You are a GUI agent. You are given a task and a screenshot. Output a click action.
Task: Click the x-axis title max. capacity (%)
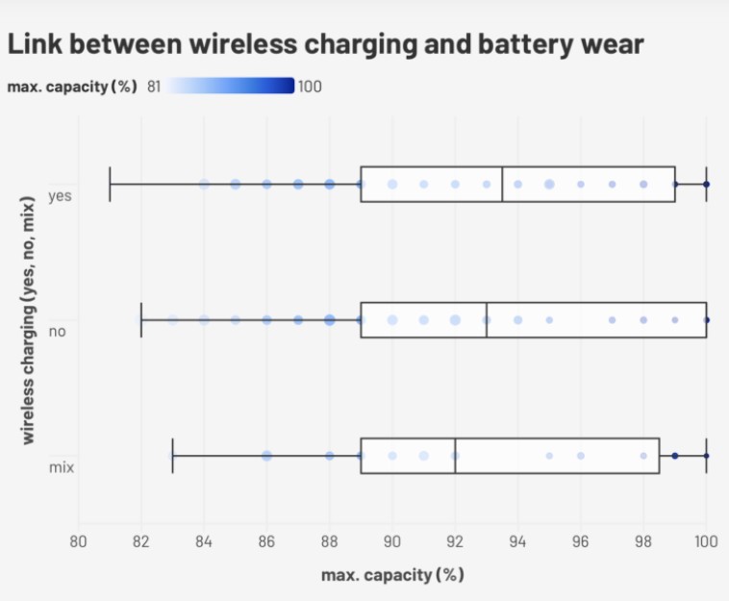(392, 574)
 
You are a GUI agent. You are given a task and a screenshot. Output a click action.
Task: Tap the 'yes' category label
(61, 195)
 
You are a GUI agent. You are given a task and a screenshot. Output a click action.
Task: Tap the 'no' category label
(57, 332)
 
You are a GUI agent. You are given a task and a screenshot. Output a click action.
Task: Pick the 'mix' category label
(62, 467)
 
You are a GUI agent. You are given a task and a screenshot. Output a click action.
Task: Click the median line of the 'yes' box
(502, 183)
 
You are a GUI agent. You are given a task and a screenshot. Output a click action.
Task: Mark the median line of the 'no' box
(487, 319)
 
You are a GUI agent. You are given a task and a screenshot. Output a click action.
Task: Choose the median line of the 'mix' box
(455, 455)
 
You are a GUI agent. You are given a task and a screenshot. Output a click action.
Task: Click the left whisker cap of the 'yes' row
(110, 183)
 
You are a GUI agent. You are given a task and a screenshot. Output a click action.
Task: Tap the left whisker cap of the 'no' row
(141, 319)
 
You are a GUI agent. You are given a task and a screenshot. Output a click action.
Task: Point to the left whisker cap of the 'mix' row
(172, 455)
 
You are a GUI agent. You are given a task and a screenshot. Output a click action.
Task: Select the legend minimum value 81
(154, 87)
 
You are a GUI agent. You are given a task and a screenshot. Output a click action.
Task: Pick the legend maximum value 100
(310, 87)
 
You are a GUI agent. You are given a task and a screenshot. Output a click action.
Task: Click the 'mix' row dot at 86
(266, 455)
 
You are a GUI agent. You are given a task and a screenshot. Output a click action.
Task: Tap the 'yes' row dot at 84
(204, 183)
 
